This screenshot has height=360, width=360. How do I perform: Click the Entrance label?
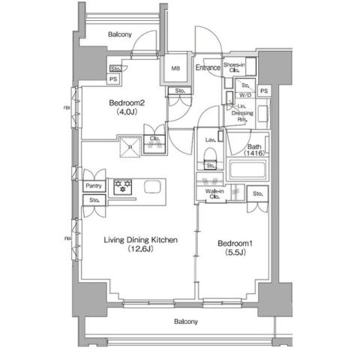[208, 68]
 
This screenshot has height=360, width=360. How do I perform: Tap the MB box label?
[175, 68]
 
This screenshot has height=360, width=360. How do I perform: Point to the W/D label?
[245, 95]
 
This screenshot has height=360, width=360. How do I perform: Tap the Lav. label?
[210, 139]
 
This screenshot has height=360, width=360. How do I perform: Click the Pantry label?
[94, 185]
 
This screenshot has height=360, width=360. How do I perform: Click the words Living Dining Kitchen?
[140, 240]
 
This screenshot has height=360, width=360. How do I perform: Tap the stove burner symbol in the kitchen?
[122, 185]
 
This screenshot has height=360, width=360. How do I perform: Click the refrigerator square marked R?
[130, 147]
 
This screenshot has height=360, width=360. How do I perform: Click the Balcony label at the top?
[120, 34]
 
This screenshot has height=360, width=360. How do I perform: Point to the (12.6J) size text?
[140, 251]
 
